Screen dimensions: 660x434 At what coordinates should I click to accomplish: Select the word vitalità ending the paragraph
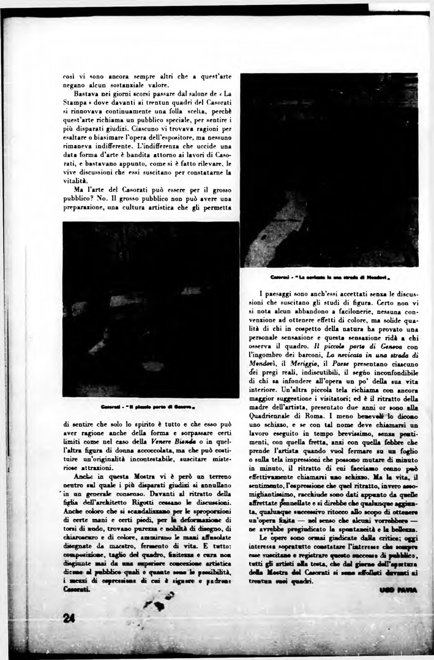tap(76, 181)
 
